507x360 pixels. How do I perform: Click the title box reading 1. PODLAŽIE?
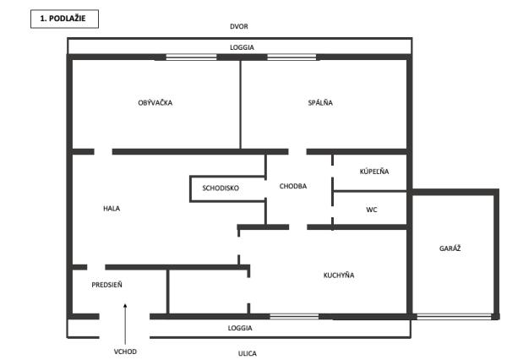pyautogui.click(x=63, y=19)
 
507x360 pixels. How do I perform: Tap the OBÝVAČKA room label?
pyautogui.click(x=155, y=103)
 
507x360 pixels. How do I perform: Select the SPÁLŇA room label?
pyautogui.click(x=321, y=103)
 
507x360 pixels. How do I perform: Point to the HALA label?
pyautogui.click(x=112, y=209)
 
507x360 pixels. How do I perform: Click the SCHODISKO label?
pyautogui.click(x=221, y=188)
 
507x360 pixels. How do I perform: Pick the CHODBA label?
pyautogui.click(x=292, y=187)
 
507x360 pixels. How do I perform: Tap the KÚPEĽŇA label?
pyautogui.click(x=374, y=172)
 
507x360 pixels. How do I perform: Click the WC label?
pyautogui.click(x=371, y=209)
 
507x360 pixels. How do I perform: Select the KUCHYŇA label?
pyautogui.click(x=339, y=275)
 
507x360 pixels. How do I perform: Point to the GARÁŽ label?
pyautogui.click(x=450, y=248)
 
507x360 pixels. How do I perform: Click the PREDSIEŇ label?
pyautogui.click(x=107, y=285)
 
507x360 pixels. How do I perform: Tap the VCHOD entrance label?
pyautogui.click(x=125, y=352)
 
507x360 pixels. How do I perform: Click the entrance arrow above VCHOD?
pyautogui.click(x=125, y=322)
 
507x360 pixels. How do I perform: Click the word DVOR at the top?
pyautogui.click(x=241, y=27)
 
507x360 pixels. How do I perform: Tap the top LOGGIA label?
pyautogui.click(x=241, y=47)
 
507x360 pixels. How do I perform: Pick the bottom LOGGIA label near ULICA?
pyautogui.click(x=241, y=327)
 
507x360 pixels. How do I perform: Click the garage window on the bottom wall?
pyautogui.click(x=454, y=317)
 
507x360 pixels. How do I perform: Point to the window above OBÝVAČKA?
pyautogui.click(x=191, y=57)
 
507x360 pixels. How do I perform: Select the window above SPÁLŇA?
pyautogui.click(x=292, y=57)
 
